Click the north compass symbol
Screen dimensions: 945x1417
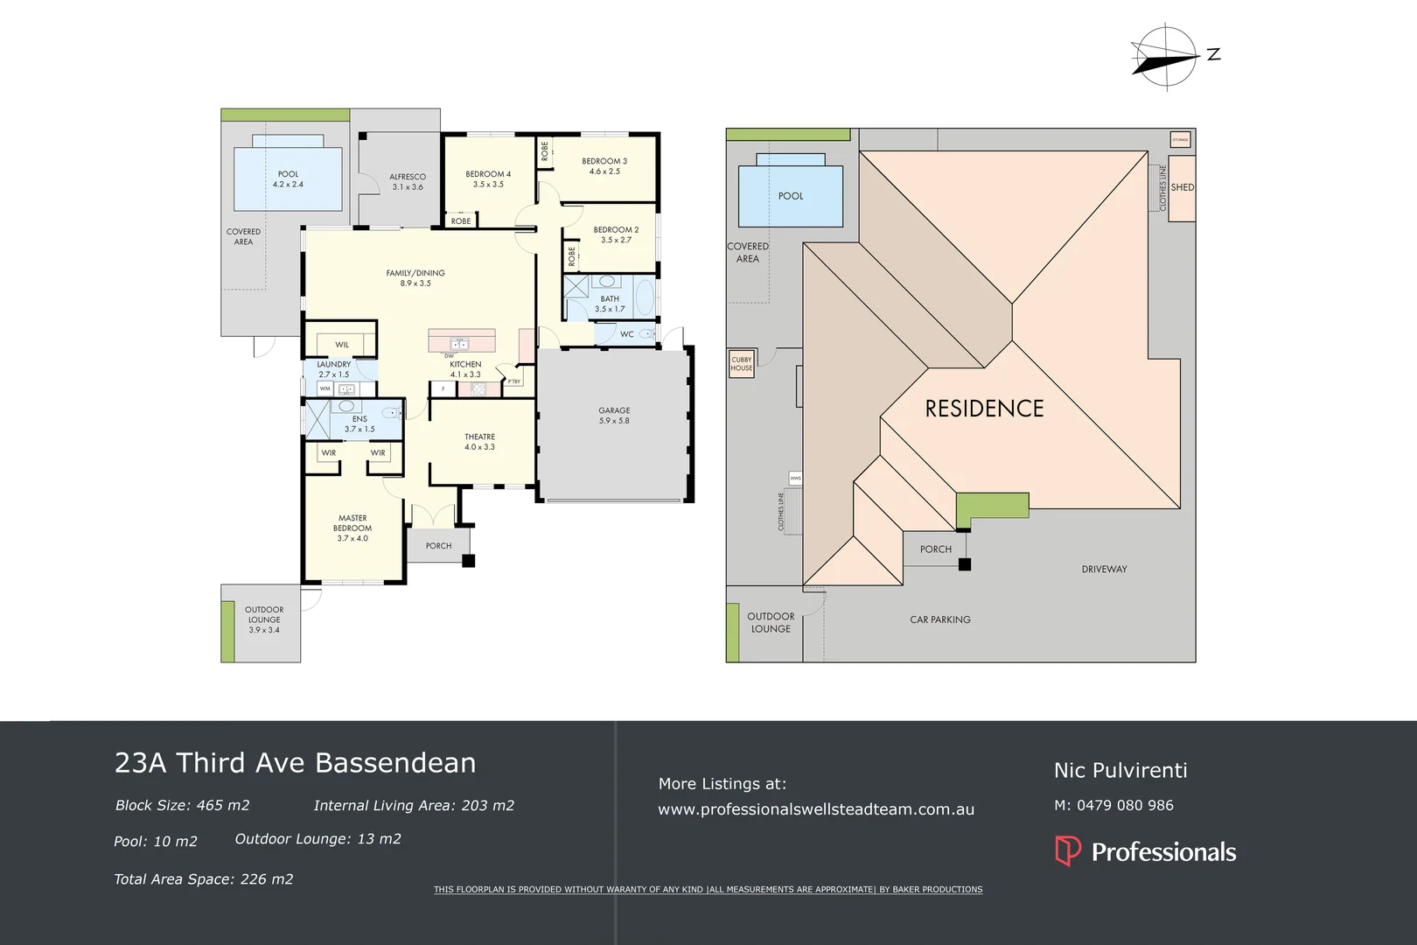click(x=1167, y=58)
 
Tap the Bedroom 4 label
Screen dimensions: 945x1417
click(x=488, y=178)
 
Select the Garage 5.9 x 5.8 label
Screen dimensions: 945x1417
click(x=614, y=416)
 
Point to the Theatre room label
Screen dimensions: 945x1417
click(x=479, y=442)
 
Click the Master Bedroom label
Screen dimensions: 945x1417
click(x=353, y=528)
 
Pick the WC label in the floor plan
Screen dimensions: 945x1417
click(x=627, y=334)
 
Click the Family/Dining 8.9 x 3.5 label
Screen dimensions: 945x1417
click(x=415, y=278)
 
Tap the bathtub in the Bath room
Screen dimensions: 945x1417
click(x=645, y=297)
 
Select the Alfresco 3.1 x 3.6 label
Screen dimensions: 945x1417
click(x=408, y=181)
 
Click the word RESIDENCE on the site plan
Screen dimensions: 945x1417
click(x=984, y=409)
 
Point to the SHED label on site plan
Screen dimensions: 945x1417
click(x=1183, y=187)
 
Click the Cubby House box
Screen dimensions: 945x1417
click(x=741, y=364)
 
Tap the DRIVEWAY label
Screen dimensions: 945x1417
click(x=1104, y=570)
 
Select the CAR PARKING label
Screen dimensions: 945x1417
click(x=940, y=619)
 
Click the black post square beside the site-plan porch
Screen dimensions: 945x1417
click(x=965, y=565)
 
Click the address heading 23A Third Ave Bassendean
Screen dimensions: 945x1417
click(x=296, y=763)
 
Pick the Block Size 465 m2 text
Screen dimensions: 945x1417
click(x=182, y=805)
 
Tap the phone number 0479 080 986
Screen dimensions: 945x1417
click(x=1125, y=805)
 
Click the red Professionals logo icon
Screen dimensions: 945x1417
click(x=1068, y=850)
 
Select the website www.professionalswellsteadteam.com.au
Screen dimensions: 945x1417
click(x=815, y=809)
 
